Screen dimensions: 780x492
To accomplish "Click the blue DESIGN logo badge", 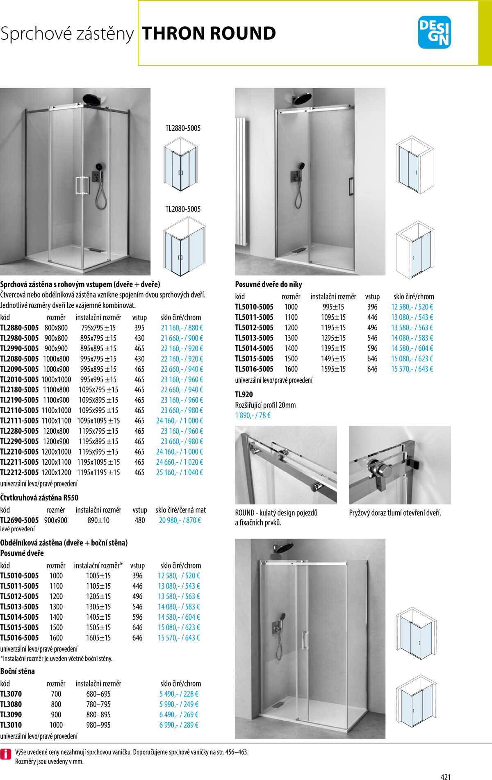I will (434, 32).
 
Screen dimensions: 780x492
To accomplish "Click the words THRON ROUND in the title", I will (209, 34).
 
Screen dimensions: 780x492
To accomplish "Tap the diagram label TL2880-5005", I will (183, 128).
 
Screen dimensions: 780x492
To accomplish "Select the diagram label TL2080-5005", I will (183, 209).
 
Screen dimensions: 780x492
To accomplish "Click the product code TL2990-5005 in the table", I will (20, 348).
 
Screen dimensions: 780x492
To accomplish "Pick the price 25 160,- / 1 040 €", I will (180, 472).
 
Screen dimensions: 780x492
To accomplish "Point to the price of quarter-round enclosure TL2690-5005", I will (180, 520).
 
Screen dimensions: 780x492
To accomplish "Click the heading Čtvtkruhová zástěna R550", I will (39, 498).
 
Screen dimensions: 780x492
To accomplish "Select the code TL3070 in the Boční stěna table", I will (11, 694).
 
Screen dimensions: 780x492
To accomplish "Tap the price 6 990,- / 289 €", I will (179, 725).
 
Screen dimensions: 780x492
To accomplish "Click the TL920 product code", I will (244, 394).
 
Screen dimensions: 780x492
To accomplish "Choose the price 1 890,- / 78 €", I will (253, 415).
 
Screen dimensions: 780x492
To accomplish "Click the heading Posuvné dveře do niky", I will (269, 284).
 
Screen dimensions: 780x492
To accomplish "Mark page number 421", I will (446, 776).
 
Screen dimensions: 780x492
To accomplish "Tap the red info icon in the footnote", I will (6, 753).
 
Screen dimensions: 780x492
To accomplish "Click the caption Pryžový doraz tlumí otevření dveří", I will (395, 513).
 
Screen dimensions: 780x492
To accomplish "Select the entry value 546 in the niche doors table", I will (372, 338).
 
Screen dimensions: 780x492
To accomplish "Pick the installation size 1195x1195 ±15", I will (99, 472).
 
